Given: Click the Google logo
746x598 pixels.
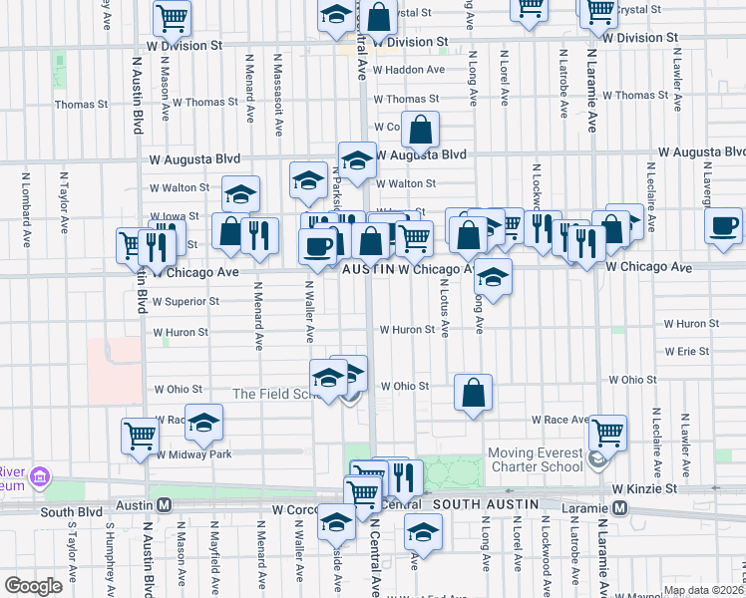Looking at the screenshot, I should tap(33, 586).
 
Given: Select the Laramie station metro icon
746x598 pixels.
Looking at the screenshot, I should tap(619, 508).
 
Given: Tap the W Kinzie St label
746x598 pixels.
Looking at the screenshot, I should tap(645, 488).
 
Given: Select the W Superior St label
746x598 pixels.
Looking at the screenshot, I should tap(185, 301).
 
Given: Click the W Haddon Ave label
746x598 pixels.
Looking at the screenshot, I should tap(409, 70).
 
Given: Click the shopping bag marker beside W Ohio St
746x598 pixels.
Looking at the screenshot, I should tap(473, 392).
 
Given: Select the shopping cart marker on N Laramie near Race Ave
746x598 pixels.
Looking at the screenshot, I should tap(606, 434).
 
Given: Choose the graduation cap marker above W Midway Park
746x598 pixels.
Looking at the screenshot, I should tap(203, 424).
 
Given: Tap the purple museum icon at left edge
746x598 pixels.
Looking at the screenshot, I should tap(40, 477).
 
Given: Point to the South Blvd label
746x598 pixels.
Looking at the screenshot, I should tap(71, 511).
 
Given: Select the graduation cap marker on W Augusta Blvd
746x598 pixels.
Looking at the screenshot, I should tap(356, 160).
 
